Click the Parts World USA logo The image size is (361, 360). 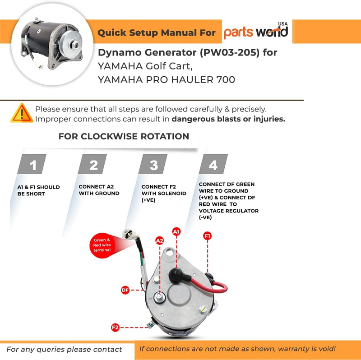coord(256,32)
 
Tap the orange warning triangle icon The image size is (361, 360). coord(21,113)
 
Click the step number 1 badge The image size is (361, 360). coord(32,164)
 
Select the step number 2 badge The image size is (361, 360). coord(93,164)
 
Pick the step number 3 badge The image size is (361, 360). coord(153,164)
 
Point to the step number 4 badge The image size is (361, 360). coord(213,164)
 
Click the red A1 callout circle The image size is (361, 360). coord(176,231)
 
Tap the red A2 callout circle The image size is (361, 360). coord(159,241)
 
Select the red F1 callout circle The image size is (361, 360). coord(208,235)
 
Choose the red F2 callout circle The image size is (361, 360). coord(116,328)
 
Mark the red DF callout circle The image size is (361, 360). coord(125,290)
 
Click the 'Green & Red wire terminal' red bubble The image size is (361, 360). coord(102,245)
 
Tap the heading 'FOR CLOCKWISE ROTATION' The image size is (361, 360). coord(124,136)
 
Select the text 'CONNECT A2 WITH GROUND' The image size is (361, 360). coord(99,189)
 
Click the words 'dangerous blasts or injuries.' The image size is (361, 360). coord(228,119)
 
